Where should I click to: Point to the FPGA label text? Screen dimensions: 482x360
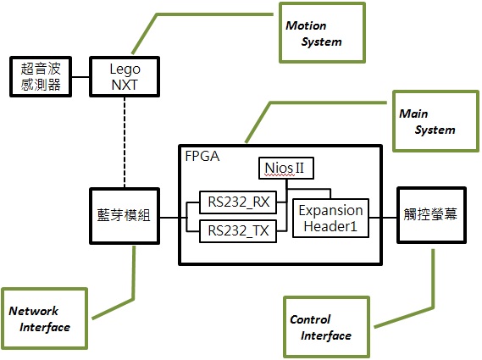coord(202,156)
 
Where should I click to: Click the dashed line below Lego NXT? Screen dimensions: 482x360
coord(125,142)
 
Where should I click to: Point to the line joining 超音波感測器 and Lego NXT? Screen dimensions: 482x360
coord(80,77)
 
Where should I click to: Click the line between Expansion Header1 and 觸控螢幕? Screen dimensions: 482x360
coord(383,218)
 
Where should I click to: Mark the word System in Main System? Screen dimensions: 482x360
coord(435,130)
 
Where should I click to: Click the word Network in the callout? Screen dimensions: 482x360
coord(34,311)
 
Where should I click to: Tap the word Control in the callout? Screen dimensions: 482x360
coord(310,319)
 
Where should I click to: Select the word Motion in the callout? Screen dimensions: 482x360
coord(306,25)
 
